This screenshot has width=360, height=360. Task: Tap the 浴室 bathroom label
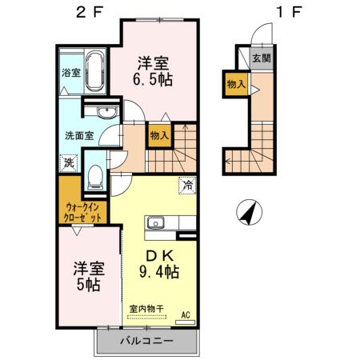(x=70, y=72)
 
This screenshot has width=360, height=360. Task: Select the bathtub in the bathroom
(x=94, y=71)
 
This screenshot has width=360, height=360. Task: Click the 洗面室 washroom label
(x=79, y=135)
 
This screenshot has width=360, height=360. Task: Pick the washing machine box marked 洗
(x=69, y=161)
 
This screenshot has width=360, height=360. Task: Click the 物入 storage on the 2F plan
(x=158, y=136)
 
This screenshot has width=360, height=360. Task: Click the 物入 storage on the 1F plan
(x=236, y=83)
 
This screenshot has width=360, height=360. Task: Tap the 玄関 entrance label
(x=261, y=58)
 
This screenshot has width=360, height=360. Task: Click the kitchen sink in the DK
(x=154, y=223)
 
